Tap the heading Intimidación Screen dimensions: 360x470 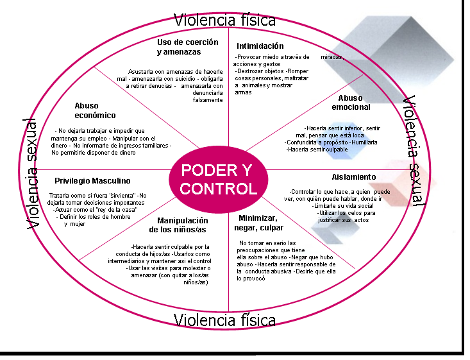[x=260, y=46]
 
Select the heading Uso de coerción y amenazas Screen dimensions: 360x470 [x=188, y=47]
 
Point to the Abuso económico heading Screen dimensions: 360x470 [x=95, y=110]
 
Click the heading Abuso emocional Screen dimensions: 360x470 [x=351, y=102]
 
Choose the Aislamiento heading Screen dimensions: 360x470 [x=354, y=176]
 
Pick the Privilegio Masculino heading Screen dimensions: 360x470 [x=92, y=181]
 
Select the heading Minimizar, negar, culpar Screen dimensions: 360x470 [x=261, y=223]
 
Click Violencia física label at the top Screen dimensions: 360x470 [x=225, y=20]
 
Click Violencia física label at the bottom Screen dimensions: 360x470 [x=225, y=320]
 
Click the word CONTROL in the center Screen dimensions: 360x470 [x=219, y=189]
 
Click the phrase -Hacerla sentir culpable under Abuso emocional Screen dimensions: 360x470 [x=317, y=149]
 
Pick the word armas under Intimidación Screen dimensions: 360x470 [x=243, y=92]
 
